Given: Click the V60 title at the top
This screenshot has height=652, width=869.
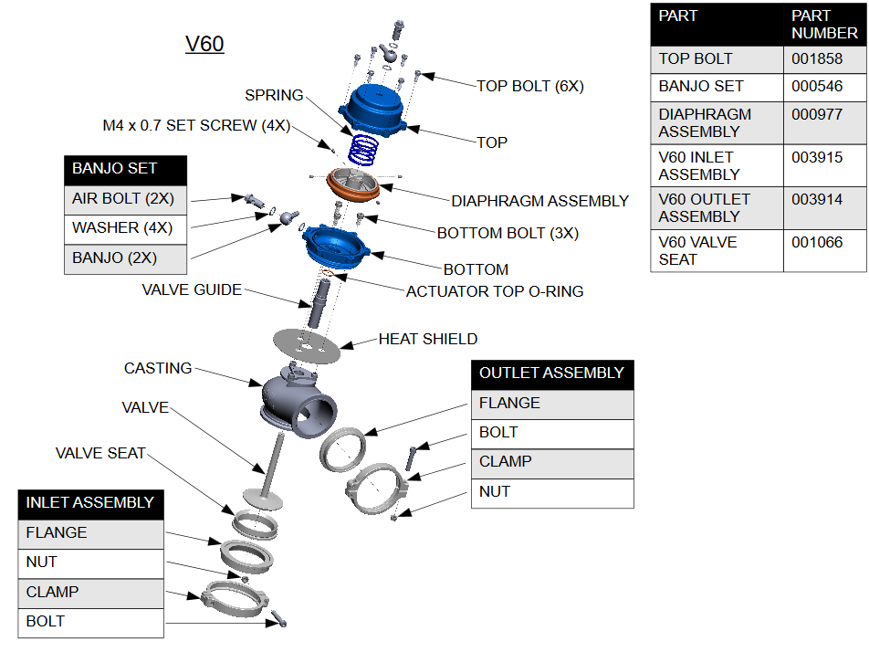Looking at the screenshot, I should [x=204, y=44].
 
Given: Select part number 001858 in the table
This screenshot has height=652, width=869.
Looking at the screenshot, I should [x=812, y=58].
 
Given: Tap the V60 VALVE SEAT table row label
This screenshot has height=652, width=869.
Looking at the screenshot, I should [x=697, y=250].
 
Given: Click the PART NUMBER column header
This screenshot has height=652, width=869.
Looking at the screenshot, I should [x=823, y=25].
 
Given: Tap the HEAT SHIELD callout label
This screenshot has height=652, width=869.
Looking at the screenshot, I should [x=427, y=339].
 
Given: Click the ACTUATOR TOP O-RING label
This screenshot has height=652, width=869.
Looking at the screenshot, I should [x=494, y=291].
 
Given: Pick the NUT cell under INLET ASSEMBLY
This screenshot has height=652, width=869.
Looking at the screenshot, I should [x=91, y=563].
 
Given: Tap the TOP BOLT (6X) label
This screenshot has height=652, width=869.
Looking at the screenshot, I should [x=529, y=86].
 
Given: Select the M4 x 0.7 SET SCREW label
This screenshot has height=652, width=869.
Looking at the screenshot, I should [x=195, y=125].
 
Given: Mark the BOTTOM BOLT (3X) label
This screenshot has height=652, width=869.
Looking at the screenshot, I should [x=508, y=233].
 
